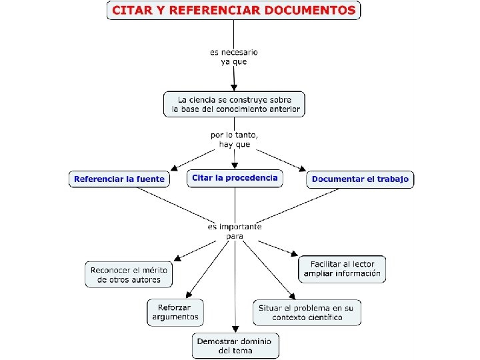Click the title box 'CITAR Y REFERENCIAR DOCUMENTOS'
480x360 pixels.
pyautogui.click(x=233, y=11)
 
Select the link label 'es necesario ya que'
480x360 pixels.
pyautogui.click(x=233, y=57)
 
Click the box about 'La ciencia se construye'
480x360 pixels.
pyautogui.click(x=234, y=104)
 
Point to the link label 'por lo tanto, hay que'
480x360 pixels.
pyautogui.click(x=235, y=139)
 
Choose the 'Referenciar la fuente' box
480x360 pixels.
pyautogui.click(x=119, y=179)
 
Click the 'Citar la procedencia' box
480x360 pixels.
pyautogui.click(x=234, y=178)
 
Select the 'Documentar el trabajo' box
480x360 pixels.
pyautogui.click(x=360, y=179)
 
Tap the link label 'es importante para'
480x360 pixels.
pyautogui.click(x=235, y=231)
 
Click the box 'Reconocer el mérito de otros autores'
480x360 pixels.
pyautogui.click(x=129, y=274)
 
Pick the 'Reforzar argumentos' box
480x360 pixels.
pyautogui.click(x=175, y=312)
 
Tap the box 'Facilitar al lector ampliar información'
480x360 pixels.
pyautogui.click(x=342, y=269)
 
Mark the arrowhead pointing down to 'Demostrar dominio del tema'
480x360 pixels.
pyautogui.click(x=235, y=328)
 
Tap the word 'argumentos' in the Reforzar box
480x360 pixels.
pyautogui.click(x=175, y=317)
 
